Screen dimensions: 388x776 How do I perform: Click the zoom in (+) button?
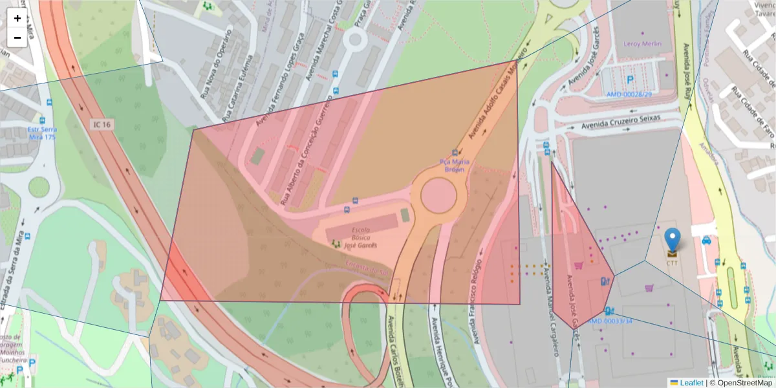[x=17, y=18]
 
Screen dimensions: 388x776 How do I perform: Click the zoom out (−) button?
[x=17, y=38]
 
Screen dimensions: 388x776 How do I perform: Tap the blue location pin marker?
[x=673, y=239]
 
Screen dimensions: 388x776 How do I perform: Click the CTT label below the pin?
[x=673, y=263]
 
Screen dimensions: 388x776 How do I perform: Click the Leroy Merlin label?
[x=642, y=44]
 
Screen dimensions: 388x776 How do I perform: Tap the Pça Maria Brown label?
[x=454, y=166]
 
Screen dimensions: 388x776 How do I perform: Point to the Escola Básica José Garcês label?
[x=360, y=237]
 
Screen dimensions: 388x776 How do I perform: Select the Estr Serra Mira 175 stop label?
[x=42, y=133]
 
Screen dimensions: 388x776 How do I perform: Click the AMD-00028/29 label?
[x=628, y=94]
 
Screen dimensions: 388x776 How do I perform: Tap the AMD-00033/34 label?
[x=610, y=321]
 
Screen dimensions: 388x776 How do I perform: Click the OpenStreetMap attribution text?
[x=744, y=383]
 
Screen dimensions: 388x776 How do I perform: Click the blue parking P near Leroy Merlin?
[x=630, y=80]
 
